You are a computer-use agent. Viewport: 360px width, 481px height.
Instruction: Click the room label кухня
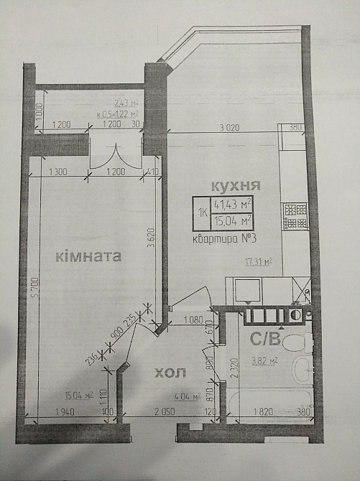point(235,185)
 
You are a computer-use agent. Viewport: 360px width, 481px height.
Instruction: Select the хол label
point(170,373)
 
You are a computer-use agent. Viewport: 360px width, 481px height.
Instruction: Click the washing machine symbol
point(248,291)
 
